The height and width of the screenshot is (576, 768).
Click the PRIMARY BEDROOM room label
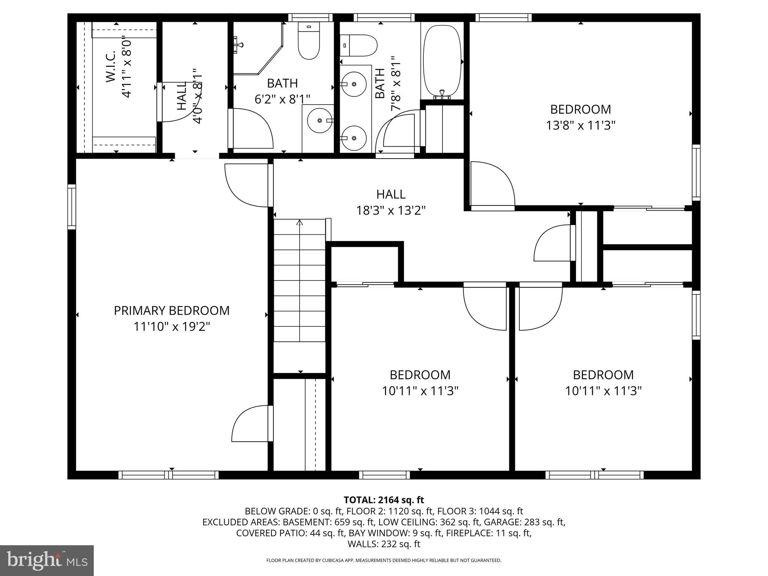(x=171, y=310)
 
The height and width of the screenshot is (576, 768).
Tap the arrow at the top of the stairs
(x=299, y=223)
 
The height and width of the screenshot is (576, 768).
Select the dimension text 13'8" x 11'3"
(x=580, y=125)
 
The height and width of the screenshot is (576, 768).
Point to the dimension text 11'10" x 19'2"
(x=171, y=327)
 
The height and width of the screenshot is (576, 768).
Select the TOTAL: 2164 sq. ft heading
(x=384, y=500)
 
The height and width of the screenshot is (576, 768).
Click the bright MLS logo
(x=46, y=560)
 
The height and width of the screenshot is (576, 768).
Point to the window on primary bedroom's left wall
(x=72, y=207)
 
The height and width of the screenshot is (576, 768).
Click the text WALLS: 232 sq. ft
(x=384, y=544)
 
